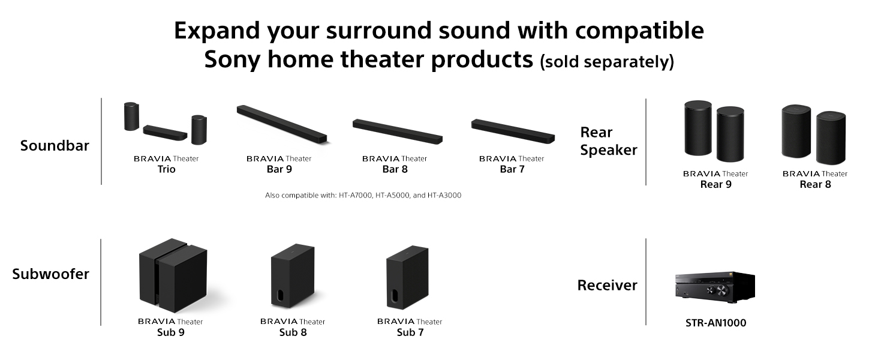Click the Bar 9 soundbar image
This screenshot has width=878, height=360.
point(282,124)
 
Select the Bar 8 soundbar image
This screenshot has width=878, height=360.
point(398,131)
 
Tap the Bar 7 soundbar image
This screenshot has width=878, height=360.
point(513,131)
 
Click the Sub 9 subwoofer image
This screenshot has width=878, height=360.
point(173,275)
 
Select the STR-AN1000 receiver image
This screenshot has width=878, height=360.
point(715,287)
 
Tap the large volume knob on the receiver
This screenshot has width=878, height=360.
point(721,290)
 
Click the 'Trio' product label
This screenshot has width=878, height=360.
point(166,169)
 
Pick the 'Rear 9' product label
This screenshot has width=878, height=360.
point(715,184)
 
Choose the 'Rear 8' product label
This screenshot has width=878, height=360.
point(815,184)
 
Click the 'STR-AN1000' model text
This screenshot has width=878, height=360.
point(715,323)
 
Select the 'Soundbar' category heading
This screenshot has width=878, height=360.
point(55,145)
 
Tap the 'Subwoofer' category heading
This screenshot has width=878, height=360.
point(51,274)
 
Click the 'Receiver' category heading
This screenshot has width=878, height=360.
point(607,285)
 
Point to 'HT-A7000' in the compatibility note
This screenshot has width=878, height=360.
point(356,195)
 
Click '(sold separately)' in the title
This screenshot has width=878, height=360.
point(607,62)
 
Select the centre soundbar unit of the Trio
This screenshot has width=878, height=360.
point(165,133)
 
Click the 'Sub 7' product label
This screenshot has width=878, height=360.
point(410,332)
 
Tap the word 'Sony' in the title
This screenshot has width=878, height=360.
point(233,59)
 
